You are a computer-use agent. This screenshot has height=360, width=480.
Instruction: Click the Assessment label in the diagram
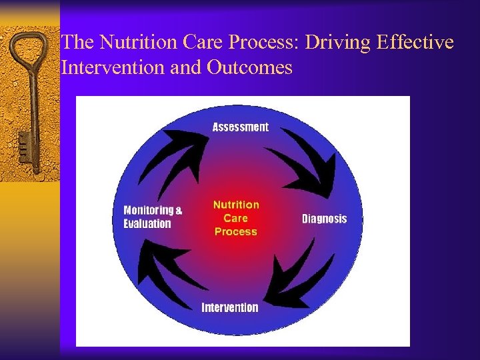[x=240, y=127]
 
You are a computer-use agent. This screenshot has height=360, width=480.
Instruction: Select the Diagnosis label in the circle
[x=324, y=219]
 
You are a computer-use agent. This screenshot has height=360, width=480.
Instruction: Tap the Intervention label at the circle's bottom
[x=229, y=307]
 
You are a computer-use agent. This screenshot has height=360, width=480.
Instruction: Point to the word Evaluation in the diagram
[x=147, y=224]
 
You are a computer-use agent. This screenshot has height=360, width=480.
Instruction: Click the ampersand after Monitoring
[x=178, y=210]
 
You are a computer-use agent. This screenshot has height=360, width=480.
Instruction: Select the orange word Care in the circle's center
[x=235, y=218]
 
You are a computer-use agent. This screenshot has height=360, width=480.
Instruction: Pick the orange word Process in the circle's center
[x=235, y=231]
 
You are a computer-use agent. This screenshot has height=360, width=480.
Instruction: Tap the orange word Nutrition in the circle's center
[x=235, y=205]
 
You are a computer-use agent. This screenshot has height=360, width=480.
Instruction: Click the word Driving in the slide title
[x=337, y=43]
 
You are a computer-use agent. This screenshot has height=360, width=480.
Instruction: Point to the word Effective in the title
[x=415, y=43]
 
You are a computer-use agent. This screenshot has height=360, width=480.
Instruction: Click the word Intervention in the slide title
[x=107, y=67]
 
